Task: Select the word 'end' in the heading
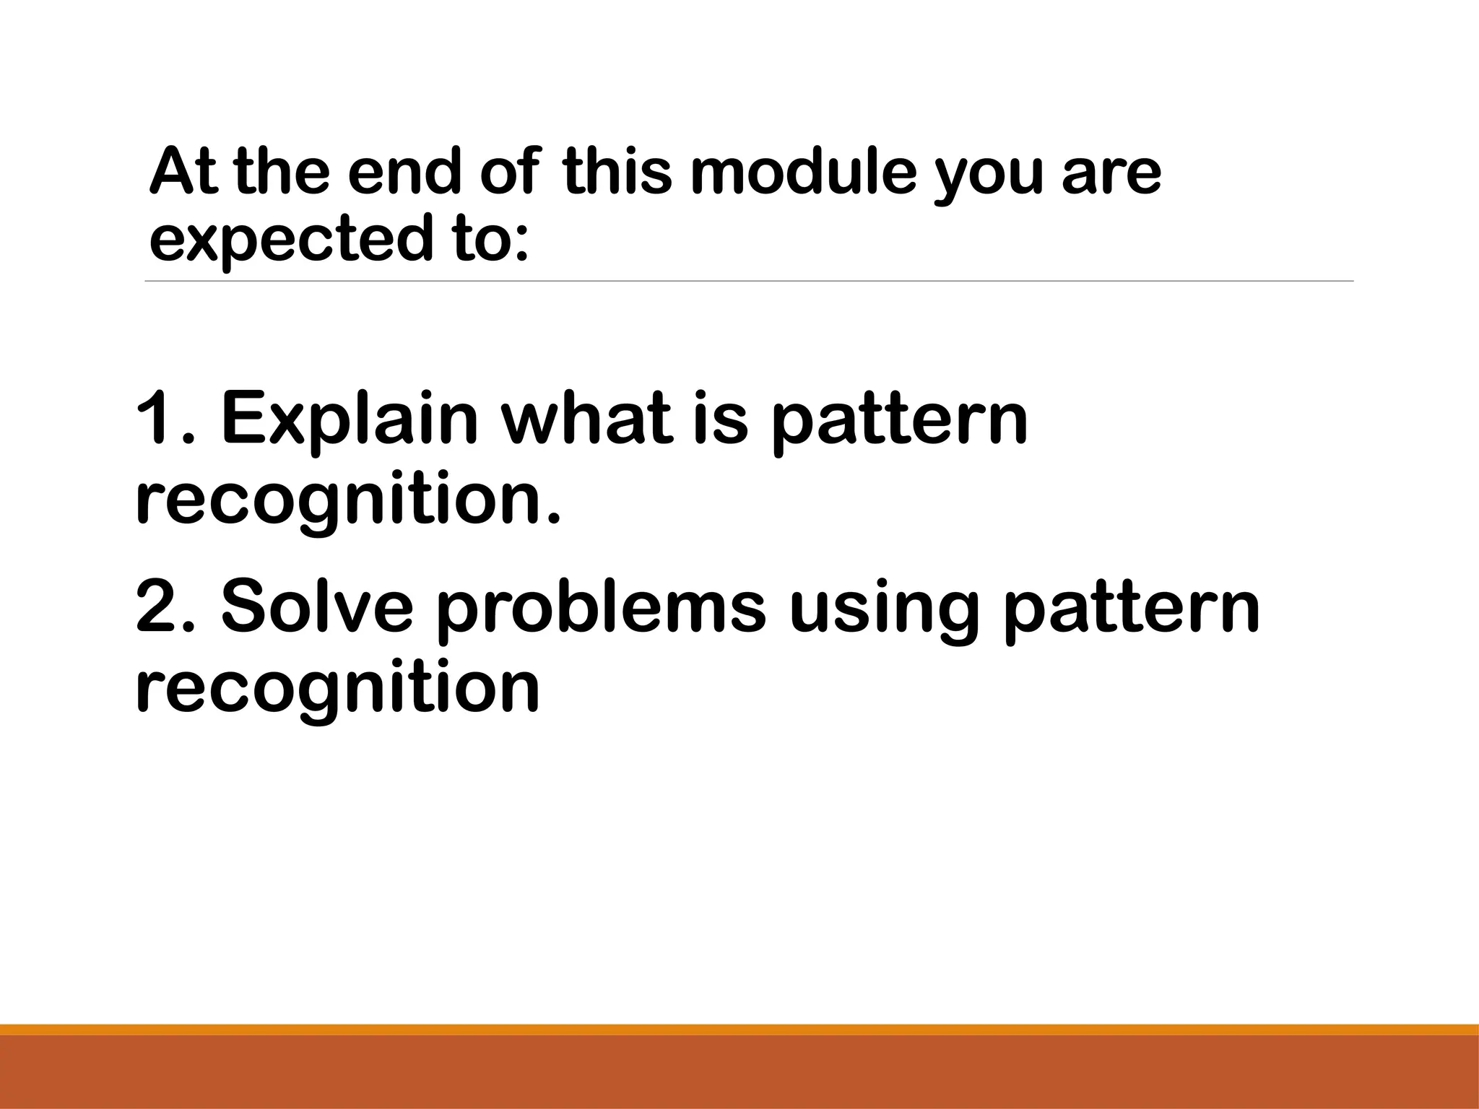403,173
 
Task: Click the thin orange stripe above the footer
739,1030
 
